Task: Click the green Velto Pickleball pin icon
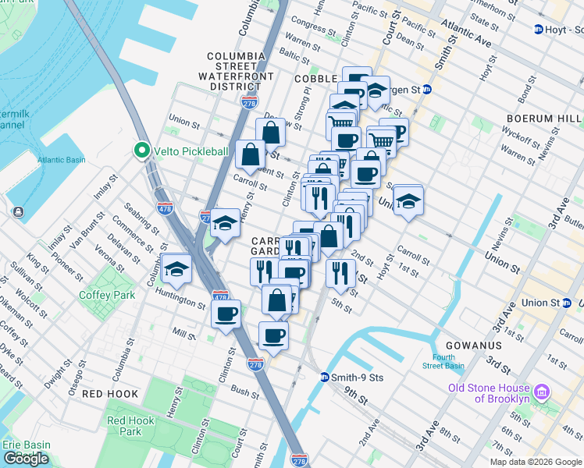coord(141,150)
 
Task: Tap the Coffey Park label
coord(107,295)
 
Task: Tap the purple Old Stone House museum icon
coord(543,389)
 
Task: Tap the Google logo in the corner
coord(26,459)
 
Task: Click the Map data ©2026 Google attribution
coord(536,462)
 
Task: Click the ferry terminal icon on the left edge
coord(17,211)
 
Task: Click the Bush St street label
coord(244,390)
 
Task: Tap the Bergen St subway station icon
coord(427,90)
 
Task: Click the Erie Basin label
coord(23,445)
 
